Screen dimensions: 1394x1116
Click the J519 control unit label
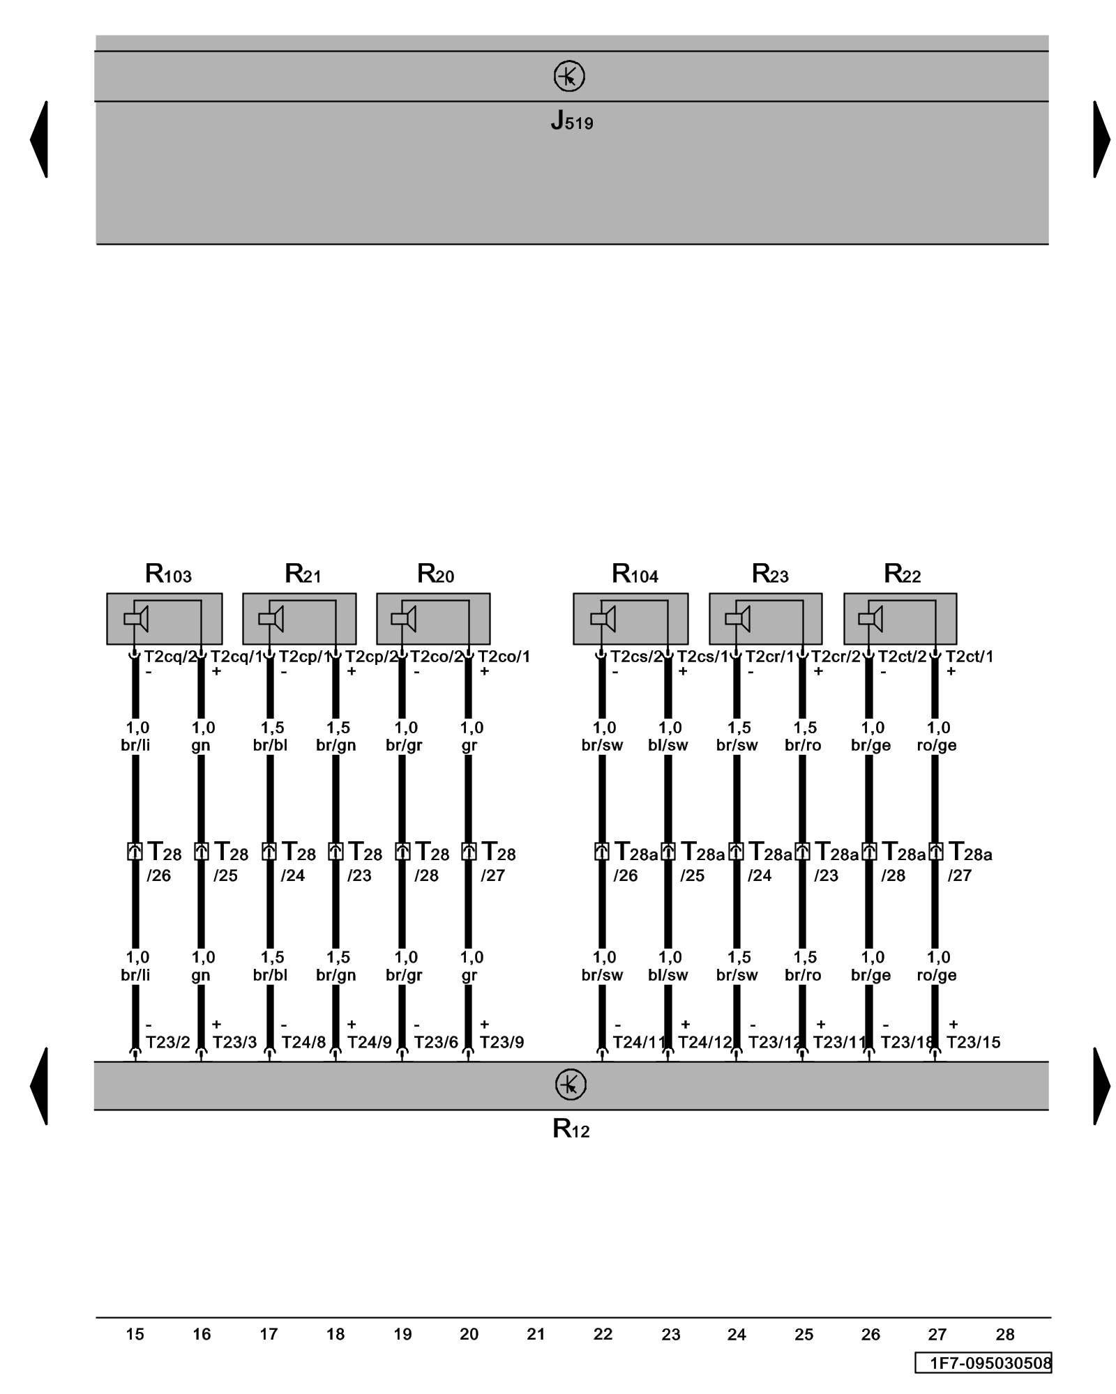click(571, 121)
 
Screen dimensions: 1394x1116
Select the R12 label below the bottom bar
click(571, 1128)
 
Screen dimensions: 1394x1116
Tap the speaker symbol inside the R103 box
click(136, 618)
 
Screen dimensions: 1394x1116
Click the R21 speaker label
click(303, 574)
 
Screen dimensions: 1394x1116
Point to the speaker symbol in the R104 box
click(603, 618)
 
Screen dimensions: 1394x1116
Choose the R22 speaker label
click(902, 574)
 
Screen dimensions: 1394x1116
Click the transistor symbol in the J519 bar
click(569, 76)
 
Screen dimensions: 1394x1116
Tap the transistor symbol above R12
click(571, 1085)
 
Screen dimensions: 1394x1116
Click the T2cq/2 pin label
click(170, 656)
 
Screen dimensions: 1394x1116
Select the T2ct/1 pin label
click(969, 656)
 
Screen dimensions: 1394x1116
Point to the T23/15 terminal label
click(973, 1042)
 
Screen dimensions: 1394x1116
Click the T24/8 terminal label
click(303, 1042)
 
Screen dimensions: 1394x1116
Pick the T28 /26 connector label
click(163, 861)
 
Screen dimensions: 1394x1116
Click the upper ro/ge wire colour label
click(936, 745)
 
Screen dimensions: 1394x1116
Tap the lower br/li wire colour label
click(135, 974)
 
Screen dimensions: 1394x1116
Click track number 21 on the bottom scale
click(536, 1334)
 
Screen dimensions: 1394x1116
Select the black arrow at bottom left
click(40, 1085)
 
